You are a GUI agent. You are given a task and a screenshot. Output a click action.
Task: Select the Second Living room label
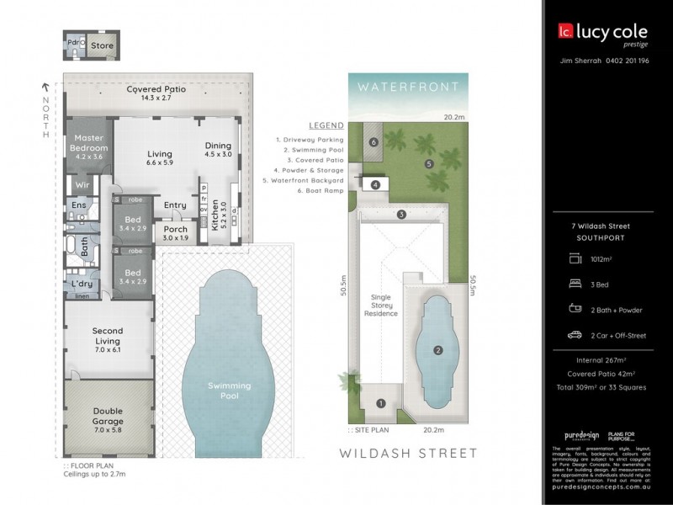tap(108, 336)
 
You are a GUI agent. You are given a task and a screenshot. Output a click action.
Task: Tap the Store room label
tap(102, 45)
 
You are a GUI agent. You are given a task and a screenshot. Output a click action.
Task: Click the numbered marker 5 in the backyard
tap(428, 163)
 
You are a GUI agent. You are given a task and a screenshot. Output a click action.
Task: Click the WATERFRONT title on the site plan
tap(407, 87)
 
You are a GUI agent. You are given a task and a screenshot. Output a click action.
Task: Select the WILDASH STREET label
tap(407, 453)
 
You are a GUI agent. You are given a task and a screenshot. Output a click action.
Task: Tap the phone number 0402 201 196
tap(627, 61)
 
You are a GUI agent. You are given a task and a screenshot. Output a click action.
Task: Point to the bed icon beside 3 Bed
tap(575, 284)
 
